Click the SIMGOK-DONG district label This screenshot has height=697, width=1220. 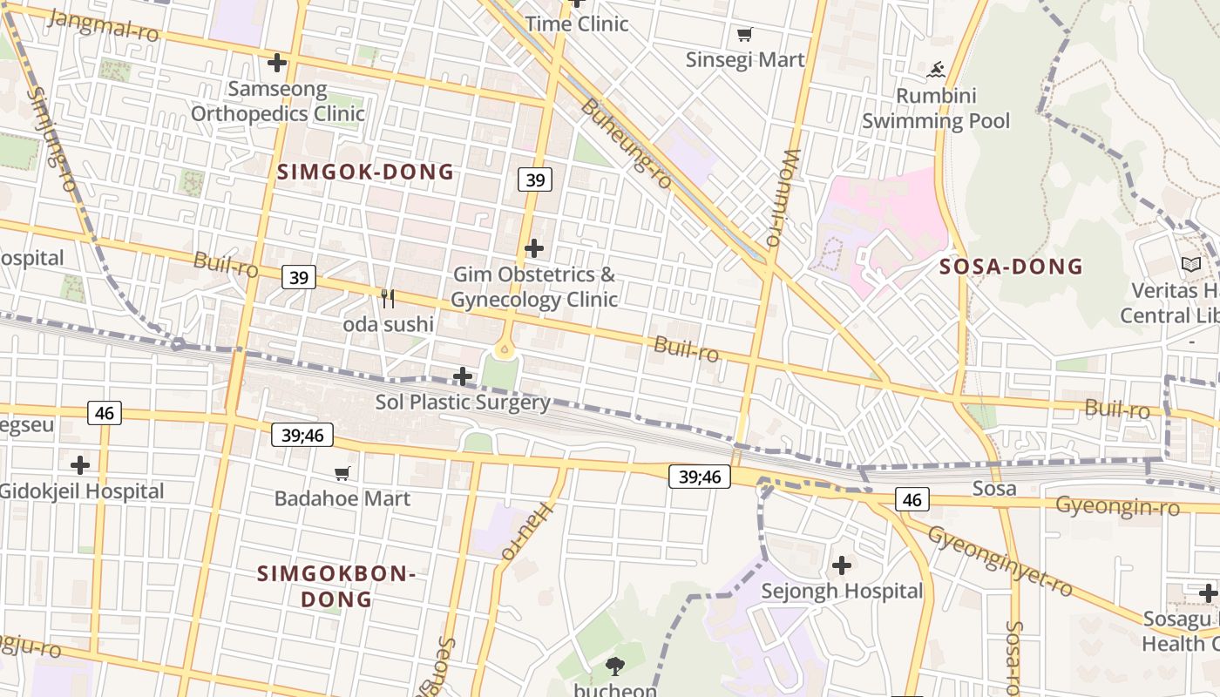point(366,172)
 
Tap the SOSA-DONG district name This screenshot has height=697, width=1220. point(1011,267)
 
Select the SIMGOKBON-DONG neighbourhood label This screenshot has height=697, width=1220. point(336,586)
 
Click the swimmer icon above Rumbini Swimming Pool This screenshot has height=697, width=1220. point(937,70)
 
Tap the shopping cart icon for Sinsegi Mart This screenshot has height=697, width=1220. point(744,35)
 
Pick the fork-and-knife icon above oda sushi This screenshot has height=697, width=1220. point(388,299)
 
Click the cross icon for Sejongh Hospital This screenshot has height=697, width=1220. point(841,565)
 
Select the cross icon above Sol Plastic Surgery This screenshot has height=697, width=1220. point(463,376)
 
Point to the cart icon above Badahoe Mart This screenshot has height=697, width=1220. point(342,473)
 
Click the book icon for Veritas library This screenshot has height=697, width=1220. point(1190,264)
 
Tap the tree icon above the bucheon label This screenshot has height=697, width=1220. point(615,667)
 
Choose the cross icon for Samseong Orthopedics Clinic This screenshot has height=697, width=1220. point(277,63)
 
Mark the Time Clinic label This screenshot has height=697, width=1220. point(577,24)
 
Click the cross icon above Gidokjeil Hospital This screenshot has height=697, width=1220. point(80,465)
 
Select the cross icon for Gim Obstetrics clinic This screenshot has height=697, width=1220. point(534,249)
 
